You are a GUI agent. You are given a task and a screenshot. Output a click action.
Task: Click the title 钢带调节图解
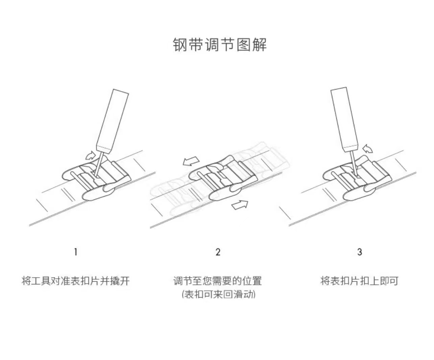220,45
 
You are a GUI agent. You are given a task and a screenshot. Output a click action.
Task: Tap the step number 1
76,252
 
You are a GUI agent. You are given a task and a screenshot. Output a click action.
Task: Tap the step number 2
218,252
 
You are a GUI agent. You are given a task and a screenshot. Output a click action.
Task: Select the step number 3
360,252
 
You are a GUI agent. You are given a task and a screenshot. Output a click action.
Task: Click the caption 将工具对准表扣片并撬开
76,281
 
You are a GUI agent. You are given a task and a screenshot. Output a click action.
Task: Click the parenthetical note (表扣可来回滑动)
218,294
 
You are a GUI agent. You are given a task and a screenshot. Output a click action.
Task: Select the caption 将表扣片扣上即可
359,281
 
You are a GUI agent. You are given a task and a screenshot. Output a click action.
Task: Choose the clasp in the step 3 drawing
355,179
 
